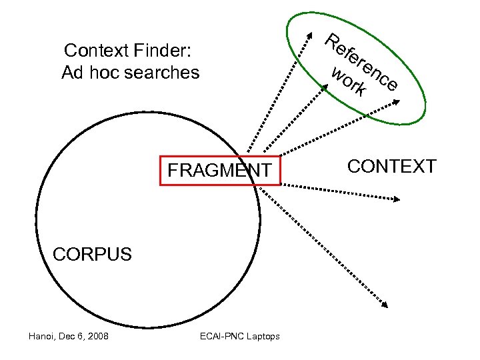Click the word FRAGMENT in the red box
(219, 171)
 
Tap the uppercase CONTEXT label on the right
(392, 166)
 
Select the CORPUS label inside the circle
(92, 254)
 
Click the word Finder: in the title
(163, 51)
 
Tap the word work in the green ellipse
(349, 81)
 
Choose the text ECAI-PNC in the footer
(223, 336)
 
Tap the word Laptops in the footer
(263, 336)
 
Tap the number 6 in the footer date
(81, 336)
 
